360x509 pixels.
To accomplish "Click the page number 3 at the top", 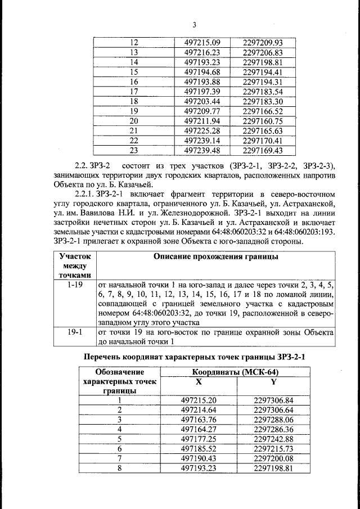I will point(194,24).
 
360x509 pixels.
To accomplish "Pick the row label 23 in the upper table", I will point(134,150).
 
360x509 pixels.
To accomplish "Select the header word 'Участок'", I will point(74,256).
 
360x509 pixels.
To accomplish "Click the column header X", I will point(199,381).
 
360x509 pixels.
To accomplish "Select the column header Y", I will point(274,381).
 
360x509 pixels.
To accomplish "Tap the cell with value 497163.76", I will point(199,420).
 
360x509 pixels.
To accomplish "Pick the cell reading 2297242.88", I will point(273,439).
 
